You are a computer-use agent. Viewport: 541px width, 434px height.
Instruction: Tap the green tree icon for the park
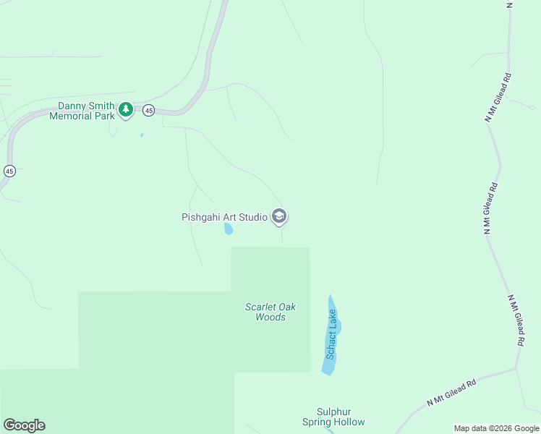pyautogui.click(x=126, y=109)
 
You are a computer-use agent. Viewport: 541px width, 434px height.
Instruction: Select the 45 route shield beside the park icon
pyautogui.click(x=148, y=110)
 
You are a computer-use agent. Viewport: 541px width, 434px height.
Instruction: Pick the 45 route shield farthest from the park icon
pyautogui.click(x=9, y=171)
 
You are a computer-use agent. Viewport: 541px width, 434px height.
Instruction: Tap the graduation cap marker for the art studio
pyautogui.click(x=279, y=216)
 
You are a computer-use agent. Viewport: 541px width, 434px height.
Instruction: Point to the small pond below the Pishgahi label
pyautogui.click(x=229, y=230)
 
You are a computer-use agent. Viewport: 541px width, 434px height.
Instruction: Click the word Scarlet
pyautogui.click(x=261, y=307)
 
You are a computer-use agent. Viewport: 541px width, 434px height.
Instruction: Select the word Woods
pyautogui.click(x=270, y=317)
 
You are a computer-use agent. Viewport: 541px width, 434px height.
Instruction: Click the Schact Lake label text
pyautogui.click(x=332, y=334)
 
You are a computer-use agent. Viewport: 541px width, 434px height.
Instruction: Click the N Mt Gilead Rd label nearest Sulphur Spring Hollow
pyautogui.click(x=451, y=392)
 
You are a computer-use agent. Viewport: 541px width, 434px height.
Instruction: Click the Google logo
pyautogui.click(x=24, y=425)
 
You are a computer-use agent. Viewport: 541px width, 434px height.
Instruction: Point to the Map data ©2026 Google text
pyautogui.click(x=496, y=428)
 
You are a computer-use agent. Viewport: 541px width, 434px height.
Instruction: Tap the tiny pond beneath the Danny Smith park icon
pyautogui.click(x=141, y=135)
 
